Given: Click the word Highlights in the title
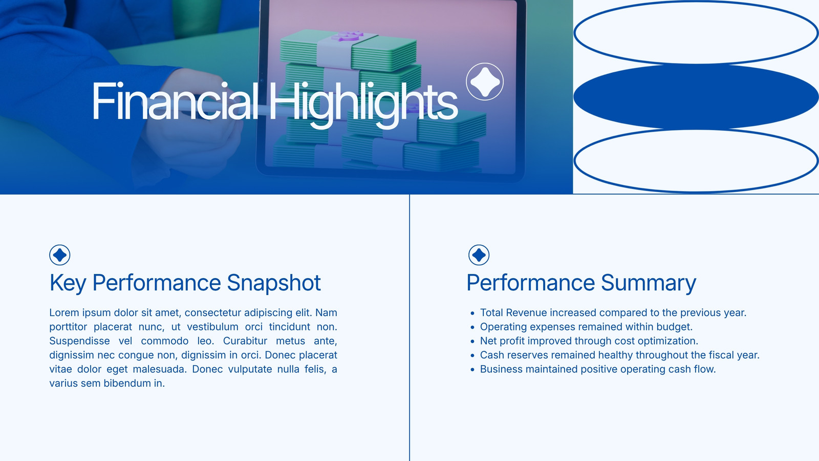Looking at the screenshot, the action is [x=363, y=105].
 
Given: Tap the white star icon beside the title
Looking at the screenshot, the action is [x=485, y=81].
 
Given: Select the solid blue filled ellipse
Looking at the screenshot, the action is [x=696, y=97].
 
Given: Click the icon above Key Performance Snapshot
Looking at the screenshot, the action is [x=59, y=255].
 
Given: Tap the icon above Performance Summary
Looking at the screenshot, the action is [x=479, y=255].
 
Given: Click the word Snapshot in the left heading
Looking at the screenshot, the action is [x=273, y=283].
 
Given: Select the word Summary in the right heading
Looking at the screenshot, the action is [x=648, y=283].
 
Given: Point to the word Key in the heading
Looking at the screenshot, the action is [x=68, y=283].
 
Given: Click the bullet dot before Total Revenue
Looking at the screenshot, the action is [x=472, y=313].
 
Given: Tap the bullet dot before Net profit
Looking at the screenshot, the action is [x=472, y=341].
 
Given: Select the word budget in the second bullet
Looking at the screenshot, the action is [x=674, y=327].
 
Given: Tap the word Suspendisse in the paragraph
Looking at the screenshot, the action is [x=79, y=341].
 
